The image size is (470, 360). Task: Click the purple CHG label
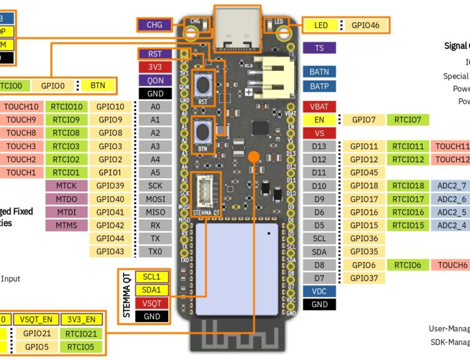pos(154,25)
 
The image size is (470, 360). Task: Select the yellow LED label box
pos(321,25)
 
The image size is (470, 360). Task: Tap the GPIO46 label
pos(365,25)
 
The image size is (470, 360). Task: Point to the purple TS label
pos(319,47)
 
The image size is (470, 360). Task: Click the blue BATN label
pos(319,71)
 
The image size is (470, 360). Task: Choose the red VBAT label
pos(319,107)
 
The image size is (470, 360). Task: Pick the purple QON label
pos(155,80)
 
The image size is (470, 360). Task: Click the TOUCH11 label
pos(452,146)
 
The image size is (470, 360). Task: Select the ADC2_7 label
pos(451,186)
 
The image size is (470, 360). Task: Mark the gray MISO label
pos(155,212)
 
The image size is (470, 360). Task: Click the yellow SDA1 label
pos(152,290)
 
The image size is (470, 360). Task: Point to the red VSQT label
pos(152,303)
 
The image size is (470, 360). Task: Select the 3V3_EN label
pos(81,319)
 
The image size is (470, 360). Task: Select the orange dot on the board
pos(254,156)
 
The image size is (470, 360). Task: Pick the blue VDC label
pos(319,291)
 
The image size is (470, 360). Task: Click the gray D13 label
pos(319,146)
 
